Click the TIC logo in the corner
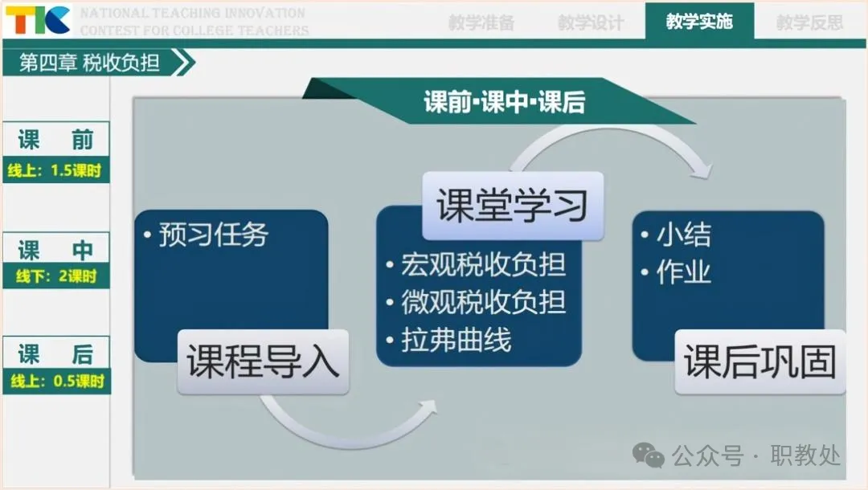39,20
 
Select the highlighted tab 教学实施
699,22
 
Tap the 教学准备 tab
481,22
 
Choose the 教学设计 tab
591,22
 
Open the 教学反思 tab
809,22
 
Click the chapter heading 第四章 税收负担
90,63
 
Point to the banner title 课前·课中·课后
504,102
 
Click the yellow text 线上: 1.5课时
55,170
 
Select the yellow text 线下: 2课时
56,276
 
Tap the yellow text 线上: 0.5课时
57,381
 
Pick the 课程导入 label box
263,361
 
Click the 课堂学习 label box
513,206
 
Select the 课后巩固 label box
760,361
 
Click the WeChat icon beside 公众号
649,455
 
